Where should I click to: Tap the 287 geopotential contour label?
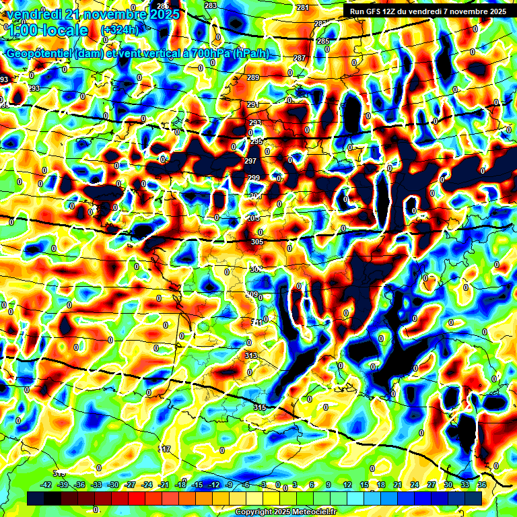[300, 59]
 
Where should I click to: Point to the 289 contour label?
[253, 78]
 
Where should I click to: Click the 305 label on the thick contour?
[256, 242]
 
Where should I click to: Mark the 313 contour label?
[251, 355]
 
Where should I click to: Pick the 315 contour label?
[260, 407]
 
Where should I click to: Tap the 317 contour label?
[164, 448]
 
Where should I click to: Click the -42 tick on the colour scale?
[47, 485]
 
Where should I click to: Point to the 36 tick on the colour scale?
[481, 485]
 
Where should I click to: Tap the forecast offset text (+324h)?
[118, 30]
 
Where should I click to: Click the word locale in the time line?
[63, 30]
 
